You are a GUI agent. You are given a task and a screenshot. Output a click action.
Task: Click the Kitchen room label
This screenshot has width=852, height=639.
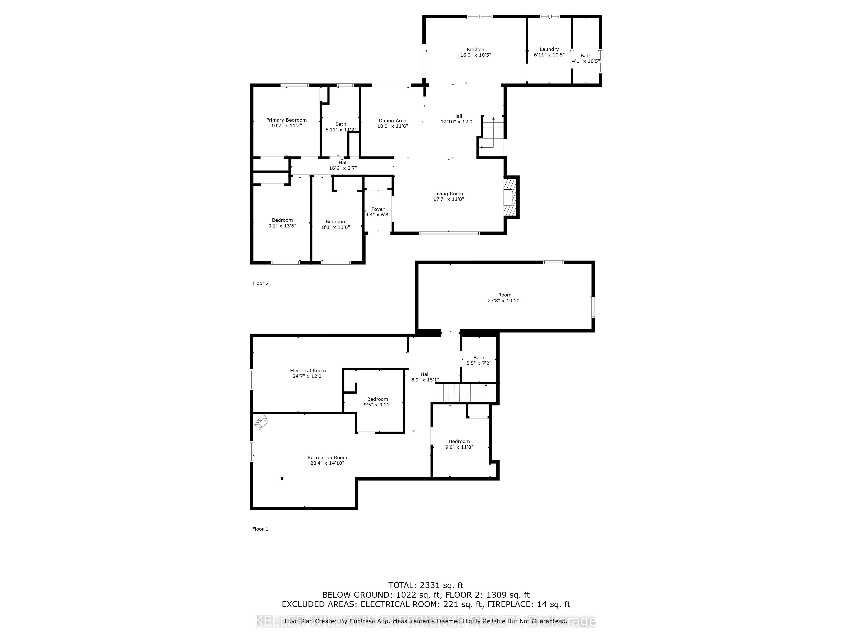tap(475, 49)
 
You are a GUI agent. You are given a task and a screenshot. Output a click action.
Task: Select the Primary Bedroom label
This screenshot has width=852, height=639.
tap(286, 120)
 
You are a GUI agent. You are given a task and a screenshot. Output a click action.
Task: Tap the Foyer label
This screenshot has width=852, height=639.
tap(378, 209)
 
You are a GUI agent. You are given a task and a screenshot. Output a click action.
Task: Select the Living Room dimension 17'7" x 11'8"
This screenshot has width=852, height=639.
tap(448, 199)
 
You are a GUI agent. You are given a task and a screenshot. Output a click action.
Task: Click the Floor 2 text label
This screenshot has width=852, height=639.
tap(260, 283)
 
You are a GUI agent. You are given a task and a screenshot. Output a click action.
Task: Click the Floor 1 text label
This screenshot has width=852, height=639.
tap(260, 529)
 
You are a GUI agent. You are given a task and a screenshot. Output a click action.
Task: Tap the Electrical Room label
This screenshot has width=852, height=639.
tap(308, 371)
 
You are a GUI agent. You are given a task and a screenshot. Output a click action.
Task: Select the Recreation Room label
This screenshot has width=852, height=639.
tap(327, 458)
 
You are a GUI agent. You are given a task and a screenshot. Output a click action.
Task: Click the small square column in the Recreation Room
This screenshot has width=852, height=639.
tap(282, 478)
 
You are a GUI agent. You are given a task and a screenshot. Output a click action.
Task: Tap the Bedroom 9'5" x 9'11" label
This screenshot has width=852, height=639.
tap(377, 402)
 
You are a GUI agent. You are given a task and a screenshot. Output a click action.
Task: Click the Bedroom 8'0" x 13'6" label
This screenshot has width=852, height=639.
tap(336, 224)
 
